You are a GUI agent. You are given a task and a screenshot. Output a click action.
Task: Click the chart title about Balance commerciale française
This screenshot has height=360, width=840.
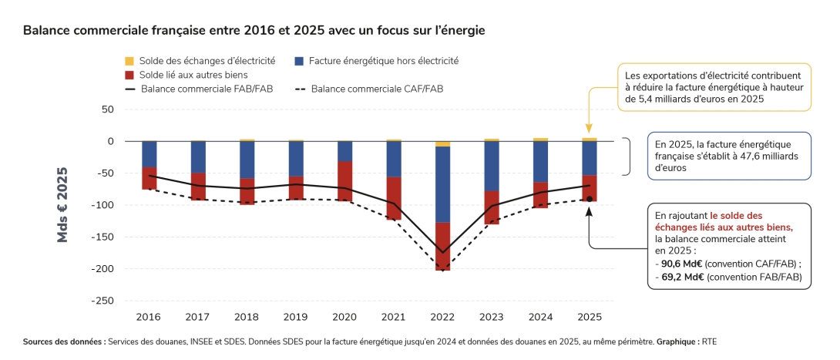(x=254, y=30)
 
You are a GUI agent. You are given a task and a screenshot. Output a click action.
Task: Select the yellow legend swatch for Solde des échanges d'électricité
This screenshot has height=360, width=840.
(x=129, y=61)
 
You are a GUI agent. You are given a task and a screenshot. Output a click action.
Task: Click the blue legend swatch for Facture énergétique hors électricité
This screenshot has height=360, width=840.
(x=299, y=61)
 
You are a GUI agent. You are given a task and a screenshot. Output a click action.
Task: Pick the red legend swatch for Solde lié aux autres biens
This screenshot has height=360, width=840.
(x=129, y=75)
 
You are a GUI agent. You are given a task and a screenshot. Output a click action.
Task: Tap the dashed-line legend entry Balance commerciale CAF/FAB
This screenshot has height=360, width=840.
(x=369, y=89)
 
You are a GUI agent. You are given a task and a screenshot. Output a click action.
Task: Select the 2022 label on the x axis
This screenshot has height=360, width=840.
(x=442, y=317)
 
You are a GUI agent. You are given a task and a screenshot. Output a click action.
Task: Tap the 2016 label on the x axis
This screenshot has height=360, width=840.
(x=148, y=317)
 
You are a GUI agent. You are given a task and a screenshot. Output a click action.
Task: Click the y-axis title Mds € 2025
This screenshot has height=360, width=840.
(x=62, y=205)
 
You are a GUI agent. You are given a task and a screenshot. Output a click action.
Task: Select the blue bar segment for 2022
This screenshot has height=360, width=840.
(x=442, y=184)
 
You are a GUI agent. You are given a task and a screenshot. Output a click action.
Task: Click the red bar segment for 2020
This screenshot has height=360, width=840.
(x=344, y=181)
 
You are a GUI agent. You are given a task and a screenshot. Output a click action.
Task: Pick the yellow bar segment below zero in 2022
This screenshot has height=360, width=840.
(x=442, y=143)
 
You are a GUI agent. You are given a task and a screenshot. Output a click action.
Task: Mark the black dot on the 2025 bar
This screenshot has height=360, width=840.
(x=590, y=199)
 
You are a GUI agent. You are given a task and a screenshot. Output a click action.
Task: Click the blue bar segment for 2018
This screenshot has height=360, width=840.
(x=247, y=160)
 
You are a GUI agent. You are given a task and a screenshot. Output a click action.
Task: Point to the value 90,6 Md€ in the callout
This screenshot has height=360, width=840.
(x=676, y=263)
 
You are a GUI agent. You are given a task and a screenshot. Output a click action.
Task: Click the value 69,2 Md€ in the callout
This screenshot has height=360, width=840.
(x=676, y=276)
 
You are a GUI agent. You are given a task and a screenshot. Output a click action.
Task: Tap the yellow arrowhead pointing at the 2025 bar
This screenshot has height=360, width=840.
(x=590, y=130)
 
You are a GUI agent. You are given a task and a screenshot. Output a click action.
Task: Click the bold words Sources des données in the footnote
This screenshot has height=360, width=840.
(x=64, y=341)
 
